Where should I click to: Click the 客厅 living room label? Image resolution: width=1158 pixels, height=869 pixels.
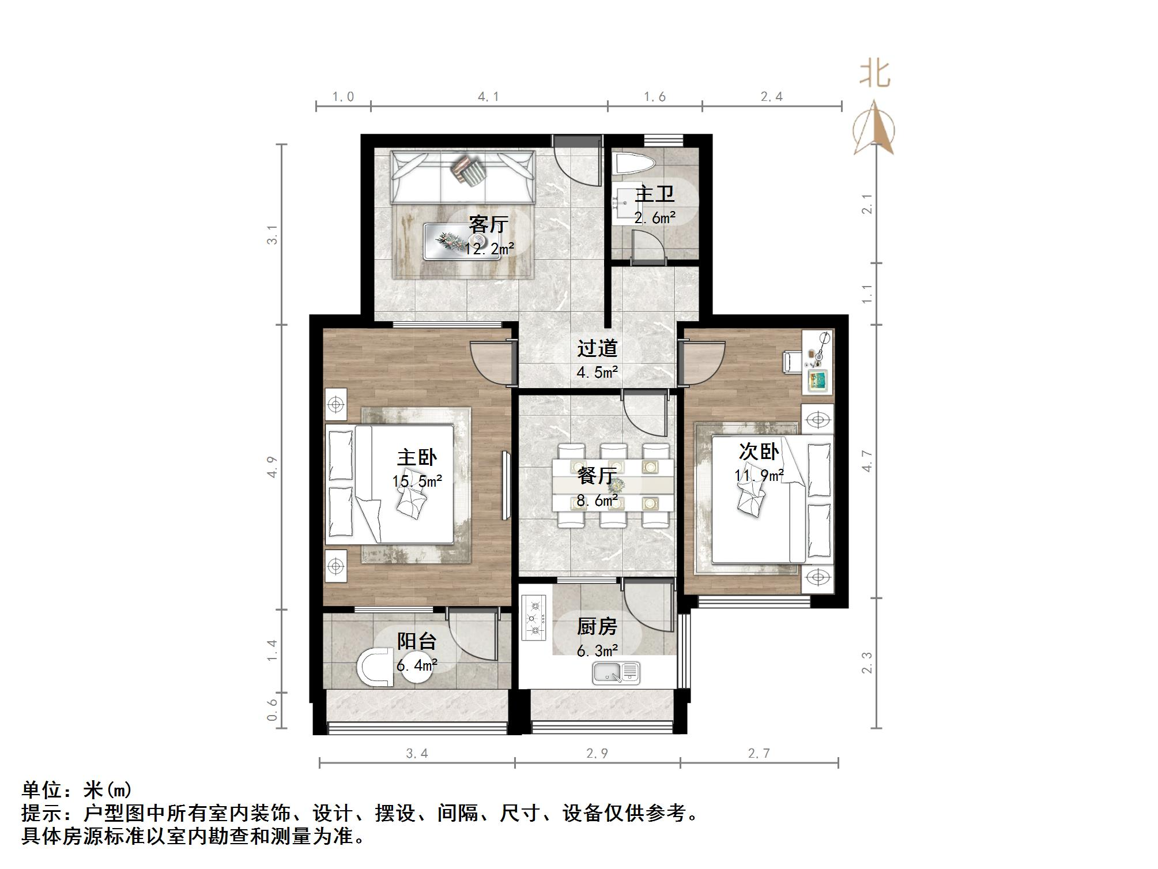click(488, 224)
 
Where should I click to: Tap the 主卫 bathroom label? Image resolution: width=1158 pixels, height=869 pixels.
click(655, 194)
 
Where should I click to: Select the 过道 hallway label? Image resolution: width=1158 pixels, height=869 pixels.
click(597, 348)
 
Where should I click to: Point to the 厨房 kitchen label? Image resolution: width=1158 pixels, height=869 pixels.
click(597, 626)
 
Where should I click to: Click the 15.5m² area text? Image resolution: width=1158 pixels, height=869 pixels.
click(417, 481)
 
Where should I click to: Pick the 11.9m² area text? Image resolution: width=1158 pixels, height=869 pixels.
click(759, 476)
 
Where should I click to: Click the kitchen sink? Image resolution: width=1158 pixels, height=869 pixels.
click(616, 672)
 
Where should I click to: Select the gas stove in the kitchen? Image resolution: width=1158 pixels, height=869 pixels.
click(534, 618)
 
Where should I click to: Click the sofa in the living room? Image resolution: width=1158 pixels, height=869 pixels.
click(463, 176)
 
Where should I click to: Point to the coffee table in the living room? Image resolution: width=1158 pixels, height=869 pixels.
click(462, 242)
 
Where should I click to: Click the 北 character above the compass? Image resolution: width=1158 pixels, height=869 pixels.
click(875, 75)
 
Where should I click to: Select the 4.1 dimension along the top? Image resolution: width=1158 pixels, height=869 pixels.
click(488, 97)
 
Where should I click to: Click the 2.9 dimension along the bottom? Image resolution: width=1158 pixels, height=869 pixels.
click(597, 753)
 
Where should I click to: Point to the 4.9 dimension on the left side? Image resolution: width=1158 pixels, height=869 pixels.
click(272, 467)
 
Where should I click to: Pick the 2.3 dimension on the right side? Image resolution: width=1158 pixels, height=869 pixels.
click(867, 663)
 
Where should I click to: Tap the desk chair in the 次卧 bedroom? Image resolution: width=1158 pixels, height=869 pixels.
click(790, 362)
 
